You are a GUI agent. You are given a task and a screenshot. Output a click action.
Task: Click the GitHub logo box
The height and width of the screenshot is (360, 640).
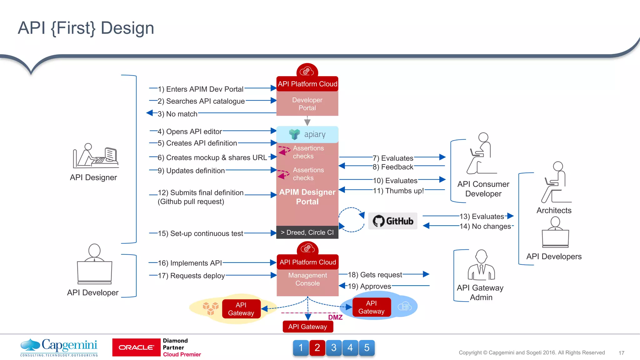click(392, 221)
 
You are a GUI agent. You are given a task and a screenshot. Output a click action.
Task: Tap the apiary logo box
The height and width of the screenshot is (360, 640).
click(307, 134)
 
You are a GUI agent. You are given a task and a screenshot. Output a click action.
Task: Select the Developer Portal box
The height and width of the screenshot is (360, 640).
click(307, 104)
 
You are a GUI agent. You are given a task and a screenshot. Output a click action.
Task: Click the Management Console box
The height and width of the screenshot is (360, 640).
click(307, 279)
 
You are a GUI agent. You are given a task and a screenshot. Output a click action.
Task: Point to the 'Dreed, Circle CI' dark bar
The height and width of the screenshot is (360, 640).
click(307, 232)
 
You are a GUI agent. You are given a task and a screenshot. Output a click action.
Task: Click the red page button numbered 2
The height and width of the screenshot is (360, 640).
click(317, 347)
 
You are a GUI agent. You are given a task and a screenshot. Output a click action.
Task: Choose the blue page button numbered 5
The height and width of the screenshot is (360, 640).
click(367, 347)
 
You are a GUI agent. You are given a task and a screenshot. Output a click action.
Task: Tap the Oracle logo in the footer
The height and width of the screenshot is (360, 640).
click(136, 347)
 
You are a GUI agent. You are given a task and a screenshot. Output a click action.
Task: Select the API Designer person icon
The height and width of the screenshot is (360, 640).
click(95, 156)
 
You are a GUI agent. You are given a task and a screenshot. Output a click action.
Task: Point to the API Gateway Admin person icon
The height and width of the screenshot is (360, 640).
click(481, 265)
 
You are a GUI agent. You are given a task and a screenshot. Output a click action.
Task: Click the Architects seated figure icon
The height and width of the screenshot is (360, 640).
click(556, 182)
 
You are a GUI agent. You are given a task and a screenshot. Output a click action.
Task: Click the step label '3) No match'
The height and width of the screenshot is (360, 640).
click(177, 114)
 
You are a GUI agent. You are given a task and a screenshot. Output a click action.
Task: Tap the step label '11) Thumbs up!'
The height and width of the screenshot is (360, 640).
click(398, 191)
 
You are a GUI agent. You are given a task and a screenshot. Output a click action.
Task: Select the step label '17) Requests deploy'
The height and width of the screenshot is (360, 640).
click(191, 276)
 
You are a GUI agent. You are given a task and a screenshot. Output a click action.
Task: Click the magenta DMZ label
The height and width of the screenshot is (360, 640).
click(335, 317)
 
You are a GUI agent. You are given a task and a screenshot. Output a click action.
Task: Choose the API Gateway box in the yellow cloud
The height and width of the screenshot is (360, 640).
click(241, 309)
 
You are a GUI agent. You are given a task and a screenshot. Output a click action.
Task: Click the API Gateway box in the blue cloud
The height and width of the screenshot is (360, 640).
click(371, 307)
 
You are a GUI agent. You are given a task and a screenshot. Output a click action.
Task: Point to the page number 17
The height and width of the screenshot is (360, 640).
click(621, 353)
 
